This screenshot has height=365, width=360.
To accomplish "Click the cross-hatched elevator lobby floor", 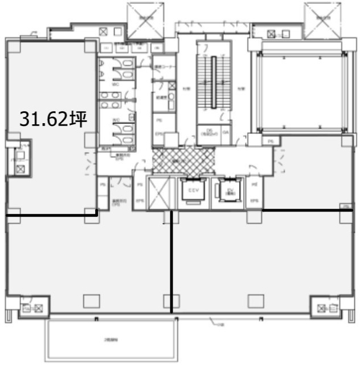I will point(183,161).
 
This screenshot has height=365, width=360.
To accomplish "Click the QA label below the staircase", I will point(225,132).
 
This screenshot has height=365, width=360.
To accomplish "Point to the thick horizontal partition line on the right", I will point(308,210).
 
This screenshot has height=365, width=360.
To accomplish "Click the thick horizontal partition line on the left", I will point(51,216).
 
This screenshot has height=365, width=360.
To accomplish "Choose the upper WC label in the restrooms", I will point(115,84).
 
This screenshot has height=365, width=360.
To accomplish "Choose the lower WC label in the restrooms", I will point(115,120).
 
